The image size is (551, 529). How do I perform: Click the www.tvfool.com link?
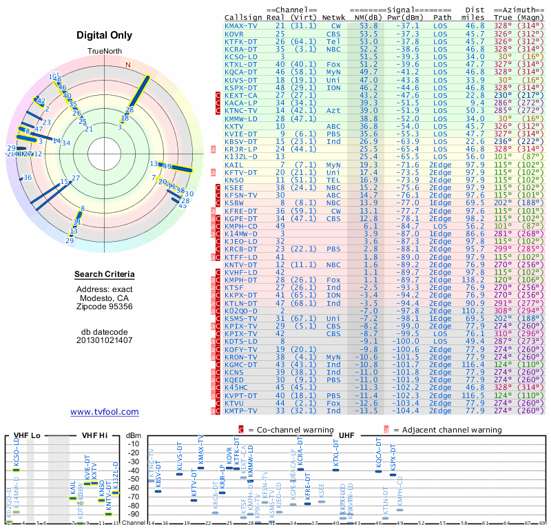(104, 412)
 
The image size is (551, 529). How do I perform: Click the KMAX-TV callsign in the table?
(241, 25)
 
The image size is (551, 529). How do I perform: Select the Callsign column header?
(241, 17)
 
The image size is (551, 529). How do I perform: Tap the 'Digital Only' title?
(104, 35)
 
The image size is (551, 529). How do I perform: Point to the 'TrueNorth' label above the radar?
(104, 52)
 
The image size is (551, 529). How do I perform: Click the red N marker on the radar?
(127, 65)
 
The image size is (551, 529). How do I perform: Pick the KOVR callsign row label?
(234, 33)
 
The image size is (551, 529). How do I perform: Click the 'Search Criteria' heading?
(104, 275)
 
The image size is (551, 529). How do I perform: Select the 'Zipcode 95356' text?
(104, 307)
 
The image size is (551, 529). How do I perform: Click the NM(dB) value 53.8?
(368, 25)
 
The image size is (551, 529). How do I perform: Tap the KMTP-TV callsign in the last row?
(241, 411)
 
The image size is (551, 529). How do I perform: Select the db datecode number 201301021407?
(104, 340)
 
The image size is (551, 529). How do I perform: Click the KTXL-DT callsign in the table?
(241, 64)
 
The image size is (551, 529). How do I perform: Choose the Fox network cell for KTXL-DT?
(334, 64)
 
